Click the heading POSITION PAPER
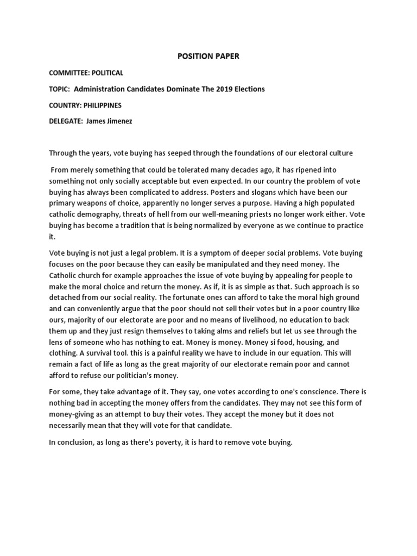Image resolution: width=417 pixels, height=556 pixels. coord(208,56)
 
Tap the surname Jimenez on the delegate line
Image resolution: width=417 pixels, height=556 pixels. coord(116,121)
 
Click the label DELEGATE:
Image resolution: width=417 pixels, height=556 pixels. coord(66,121)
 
